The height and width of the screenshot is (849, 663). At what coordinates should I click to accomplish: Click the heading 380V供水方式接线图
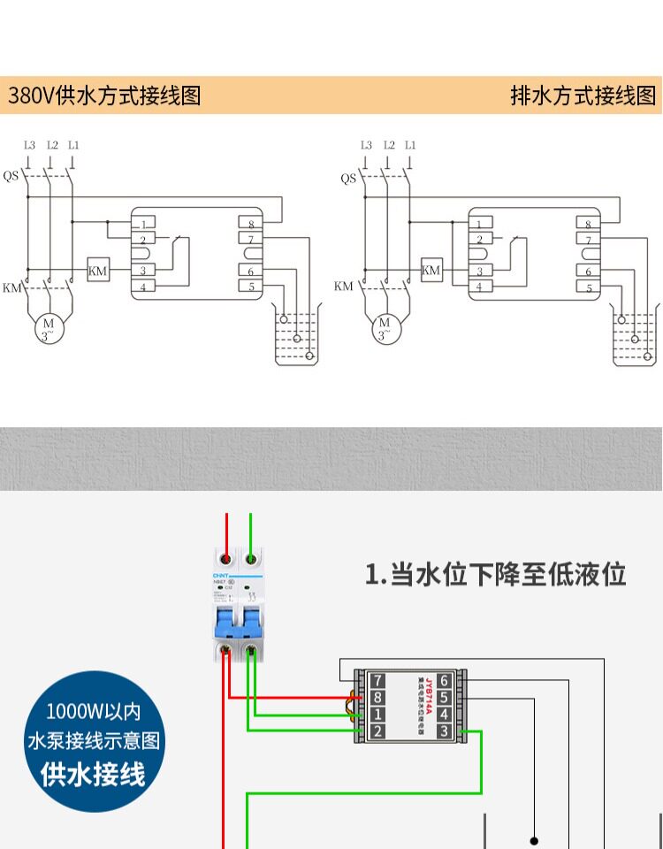tap(105, 96)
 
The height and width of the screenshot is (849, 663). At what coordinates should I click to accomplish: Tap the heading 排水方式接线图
tap(583, 96)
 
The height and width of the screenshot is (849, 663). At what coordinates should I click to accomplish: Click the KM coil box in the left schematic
tap(97, 271)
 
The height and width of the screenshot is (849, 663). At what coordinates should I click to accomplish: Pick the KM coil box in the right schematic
tap(431, 271)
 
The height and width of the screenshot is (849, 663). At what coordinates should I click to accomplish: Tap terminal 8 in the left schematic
tap(251, 225)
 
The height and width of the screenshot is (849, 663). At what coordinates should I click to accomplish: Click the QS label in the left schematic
tap(11, 176)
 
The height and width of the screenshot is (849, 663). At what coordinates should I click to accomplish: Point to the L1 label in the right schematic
tap(410, 145)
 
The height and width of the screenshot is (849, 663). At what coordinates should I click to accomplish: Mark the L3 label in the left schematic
tap(29, 145)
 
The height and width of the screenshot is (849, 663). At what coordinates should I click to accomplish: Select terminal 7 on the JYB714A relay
tap(378, 681)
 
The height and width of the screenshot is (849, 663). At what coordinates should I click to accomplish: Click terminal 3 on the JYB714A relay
tap(444, 731)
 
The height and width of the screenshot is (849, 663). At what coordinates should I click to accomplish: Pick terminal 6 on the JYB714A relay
tap(444, 681)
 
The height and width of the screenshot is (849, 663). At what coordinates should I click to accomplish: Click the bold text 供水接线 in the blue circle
tap(93, 774)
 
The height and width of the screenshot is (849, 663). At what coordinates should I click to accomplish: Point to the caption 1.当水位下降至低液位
tap(496, 575)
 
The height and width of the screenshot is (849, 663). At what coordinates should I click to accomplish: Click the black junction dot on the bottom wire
tap(534, 840)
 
